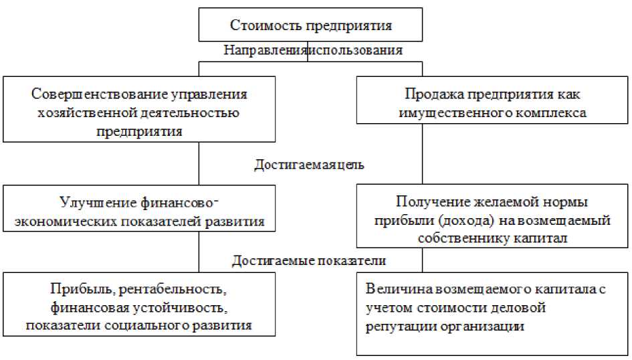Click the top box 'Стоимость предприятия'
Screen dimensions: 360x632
point(311,25)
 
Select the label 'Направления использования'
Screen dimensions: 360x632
point(312,50)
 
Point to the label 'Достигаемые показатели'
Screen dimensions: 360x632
point(309,260)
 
